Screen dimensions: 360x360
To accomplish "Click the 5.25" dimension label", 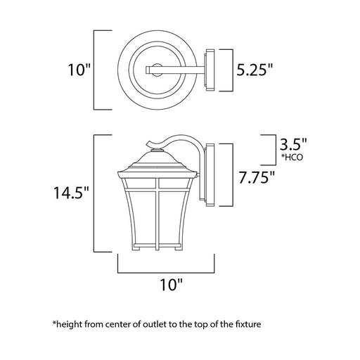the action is point(255,70).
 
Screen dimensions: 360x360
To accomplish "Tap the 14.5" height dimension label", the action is point(72,193).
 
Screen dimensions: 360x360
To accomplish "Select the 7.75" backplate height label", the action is point(257,177).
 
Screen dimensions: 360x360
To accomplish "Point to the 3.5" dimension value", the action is point(293,144).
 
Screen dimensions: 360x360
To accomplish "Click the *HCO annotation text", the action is point(292,157).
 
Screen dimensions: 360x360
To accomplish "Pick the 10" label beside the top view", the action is point(79,70).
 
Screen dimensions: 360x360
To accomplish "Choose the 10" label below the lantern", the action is point(171,285).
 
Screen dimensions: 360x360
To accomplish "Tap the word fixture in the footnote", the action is point(247,324).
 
